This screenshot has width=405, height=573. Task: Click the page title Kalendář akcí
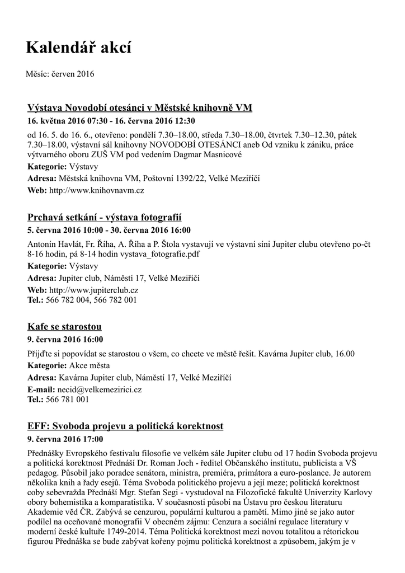(x=78, y=49)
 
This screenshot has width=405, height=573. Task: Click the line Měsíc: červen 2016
(x=60, y=73)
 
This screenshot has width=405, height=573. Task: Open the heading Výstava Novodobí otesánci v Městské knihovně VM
(x=140, y=107)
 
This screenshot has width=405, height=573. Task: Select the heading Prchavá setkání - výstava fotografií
(x=105, y=217)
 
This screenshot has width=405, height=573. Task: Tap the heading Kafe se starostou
(x=64, y=326)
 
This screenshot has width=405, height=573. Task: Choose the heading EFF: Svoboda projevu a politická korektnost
(x=125, y=426)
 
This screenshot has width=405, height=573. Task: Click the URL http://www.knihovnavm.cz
(x=97, y=190)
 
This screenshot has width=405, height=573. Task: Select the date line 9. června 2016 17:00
(x=65, y=439)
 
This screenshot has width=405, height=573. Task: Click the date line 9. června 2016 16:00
(x=65, y=339)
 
